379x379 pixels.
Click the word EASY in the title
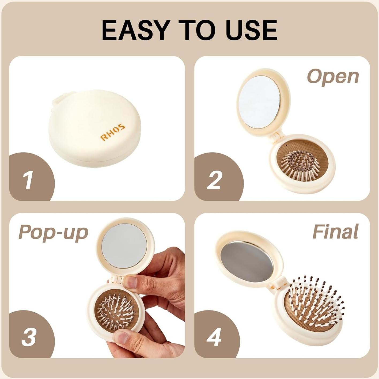136,30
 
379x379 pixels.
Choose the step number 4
214,337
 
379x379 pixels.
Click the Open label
333,77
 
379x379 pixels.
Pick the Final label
335,232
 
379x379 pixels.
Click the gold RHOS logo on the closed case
113,132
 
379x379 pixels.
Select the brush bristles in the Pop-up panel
116,310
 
